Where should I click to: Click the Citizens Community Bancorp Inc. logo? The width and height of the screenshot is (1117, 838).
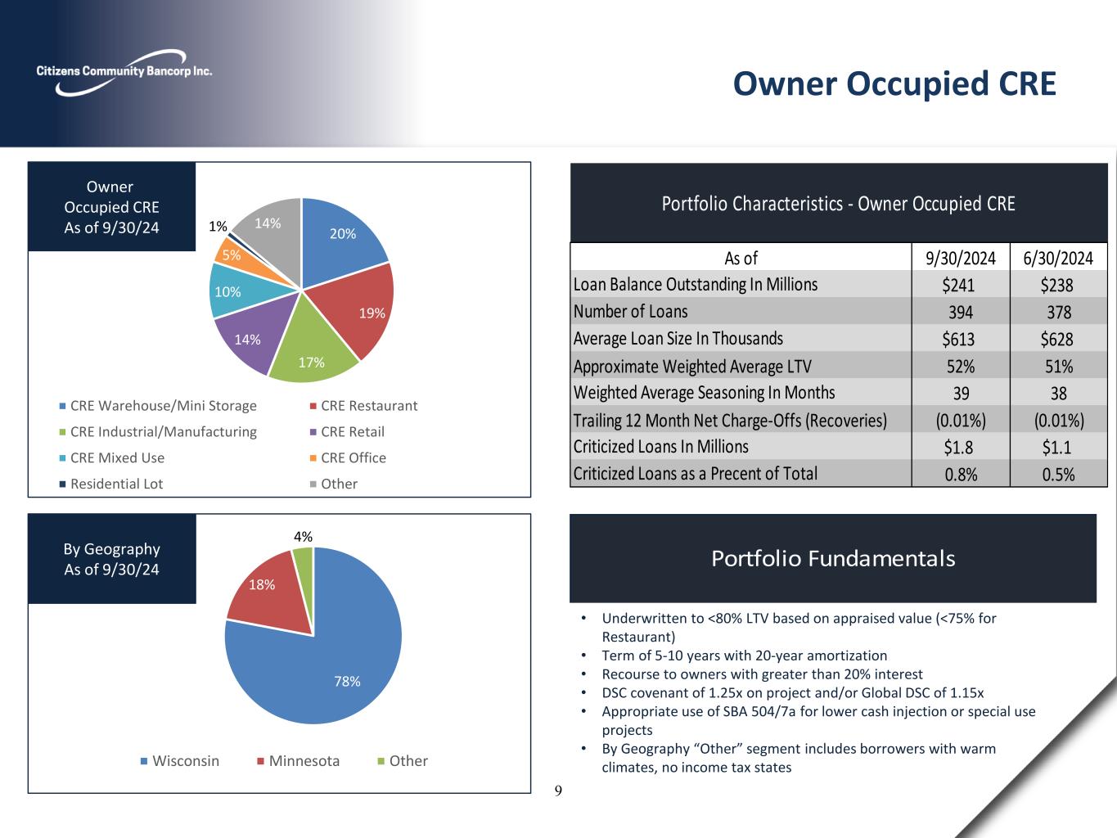click(x=124, y=71)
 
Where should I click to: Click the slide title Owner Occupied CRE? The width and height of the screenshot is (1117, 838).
click(x=894, y=83)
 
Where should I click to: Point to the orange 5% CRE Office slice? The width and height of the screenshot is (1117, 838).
click(x=229, y=254)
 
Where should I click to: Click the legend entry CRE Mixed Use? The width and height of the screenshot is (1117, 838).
click(x=117, y=457)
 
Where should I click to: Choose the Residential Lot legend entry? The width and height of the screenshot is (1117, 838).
click(x=116, y=484)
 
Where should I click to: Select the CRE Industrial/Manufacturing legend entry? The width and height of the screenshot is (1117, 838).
click(x=163, y=431)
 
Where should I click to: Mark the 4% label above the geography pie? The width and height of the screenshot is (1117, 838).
click(x=303, y=537)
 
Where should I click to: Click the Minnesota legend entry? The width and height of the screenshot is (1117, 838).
click(x=304, y=760)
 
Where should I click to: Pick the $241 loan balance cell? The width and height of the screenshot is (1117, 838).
click(x=960, y=285)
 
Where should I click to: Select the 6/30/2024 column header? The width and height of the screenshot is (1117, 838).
click(x=1058, y=258)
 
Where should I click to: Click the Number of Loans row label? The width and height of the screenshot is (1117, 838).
click(x=630, y=311)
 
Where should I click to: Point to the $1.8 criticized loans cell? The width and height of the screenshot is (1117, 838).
click(x=960, y=447)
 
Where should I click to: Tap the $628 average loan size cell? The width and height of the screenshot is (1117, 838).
click(x=1058, y=339)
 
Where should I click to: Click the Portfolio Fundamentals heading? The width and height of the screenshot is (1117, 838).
click(x=832, y=558)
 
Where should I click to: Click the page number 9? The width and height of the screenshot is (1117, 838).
click(x=558, y=791)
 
